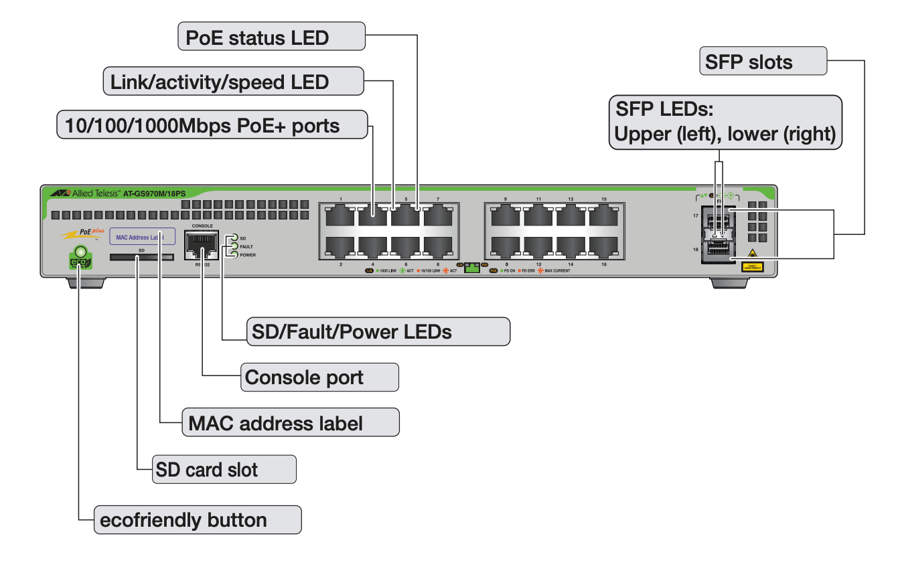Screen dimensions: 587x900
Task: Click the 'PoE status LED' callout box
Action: pyautogui.click(x=271, y=36)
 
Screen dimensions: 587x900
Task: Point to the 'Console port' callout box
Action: pyautogui.click(x=319, y=378)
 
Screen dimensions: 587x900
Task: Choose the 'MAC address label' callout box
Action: pyautogui.click(x=291, y=422)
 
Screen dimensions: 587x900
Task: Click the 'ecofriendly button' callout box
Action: pyautogui.click(x=198, y=519)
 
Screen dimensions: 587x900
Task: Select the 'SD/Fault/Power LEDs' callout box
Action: pyautogui.click(x=378, y=331)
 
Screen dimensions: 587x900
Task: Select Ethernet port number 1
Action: pyautogui.click(x=340, y=216)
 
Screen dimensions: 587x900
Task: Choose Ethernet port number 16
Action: pyautogui.click(x=603, y=247)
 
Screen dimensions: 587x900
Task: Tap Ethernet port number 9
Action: pyautogui.click(x=506, y=216)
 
